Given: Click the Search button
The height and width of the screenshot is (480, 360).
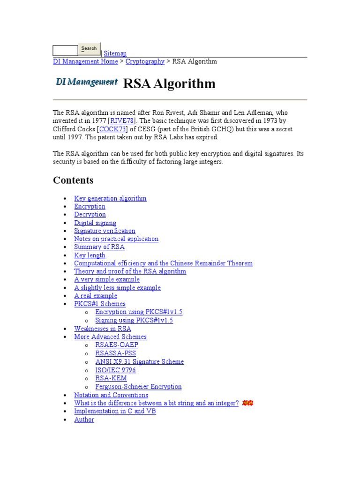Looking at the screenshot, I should (x=89, y=49).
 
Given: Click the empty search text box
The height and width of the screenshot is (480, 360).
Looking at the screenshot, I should (x=65, y=51).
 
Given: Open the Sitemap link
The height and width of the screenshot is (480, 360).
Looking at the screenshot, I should (x=115, y=53).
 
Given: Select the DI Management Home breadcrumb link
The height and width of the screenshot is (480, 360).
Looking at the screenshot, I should (x=85, y=61).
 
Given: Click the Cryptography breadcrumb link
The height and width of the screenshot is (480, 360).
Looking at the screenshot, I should (x=145, y=61).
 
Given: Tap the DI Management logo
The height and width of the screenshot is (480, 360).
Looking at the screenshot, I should (x=87, y=82).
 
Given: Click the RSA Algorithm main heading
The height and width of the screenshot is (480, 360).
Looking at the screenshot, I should (x=169, y=84).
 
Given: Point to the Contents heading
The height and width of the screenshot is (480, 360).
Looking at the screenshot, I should (x=73, y=180).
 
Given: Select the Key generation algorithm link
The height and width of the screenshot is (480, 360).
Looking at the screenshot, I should (x=110, y=198).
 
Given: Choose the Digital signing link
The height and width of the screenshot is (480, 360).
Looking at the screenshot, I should (x=95, y=223).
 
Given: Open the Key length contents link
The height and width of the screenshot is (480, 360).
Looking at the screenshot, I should (x=90, y=255).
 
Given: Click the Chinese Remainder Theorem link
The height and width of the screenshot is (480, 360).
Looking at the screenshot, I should (x=163, y=263).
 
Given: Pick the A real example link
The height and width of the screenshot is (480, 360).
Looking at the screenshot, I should (x=96, y=296).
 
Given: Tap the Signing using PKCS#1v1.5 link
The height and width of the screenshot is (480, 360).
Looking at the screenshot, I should (x=134, y=320).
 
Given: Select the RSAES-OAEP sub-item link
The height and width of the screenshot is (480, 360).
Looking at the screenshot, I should (x=117, y=345).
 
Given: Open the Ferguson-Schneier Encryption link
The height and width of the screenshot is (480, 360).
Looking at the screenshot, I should (x=138, y=387).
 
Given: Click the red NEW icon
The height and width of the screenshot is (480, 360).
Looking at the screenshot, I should (x=247, y=403).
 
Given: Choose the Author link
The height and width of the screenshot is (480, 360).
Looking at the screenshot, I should (x=84, y=420).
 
